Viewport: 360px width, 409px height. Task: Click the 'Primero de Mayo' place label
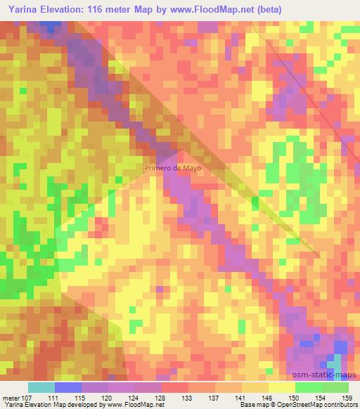[173, 169]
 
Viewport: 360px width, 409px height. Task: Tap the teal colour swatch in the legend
[41, 388]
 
